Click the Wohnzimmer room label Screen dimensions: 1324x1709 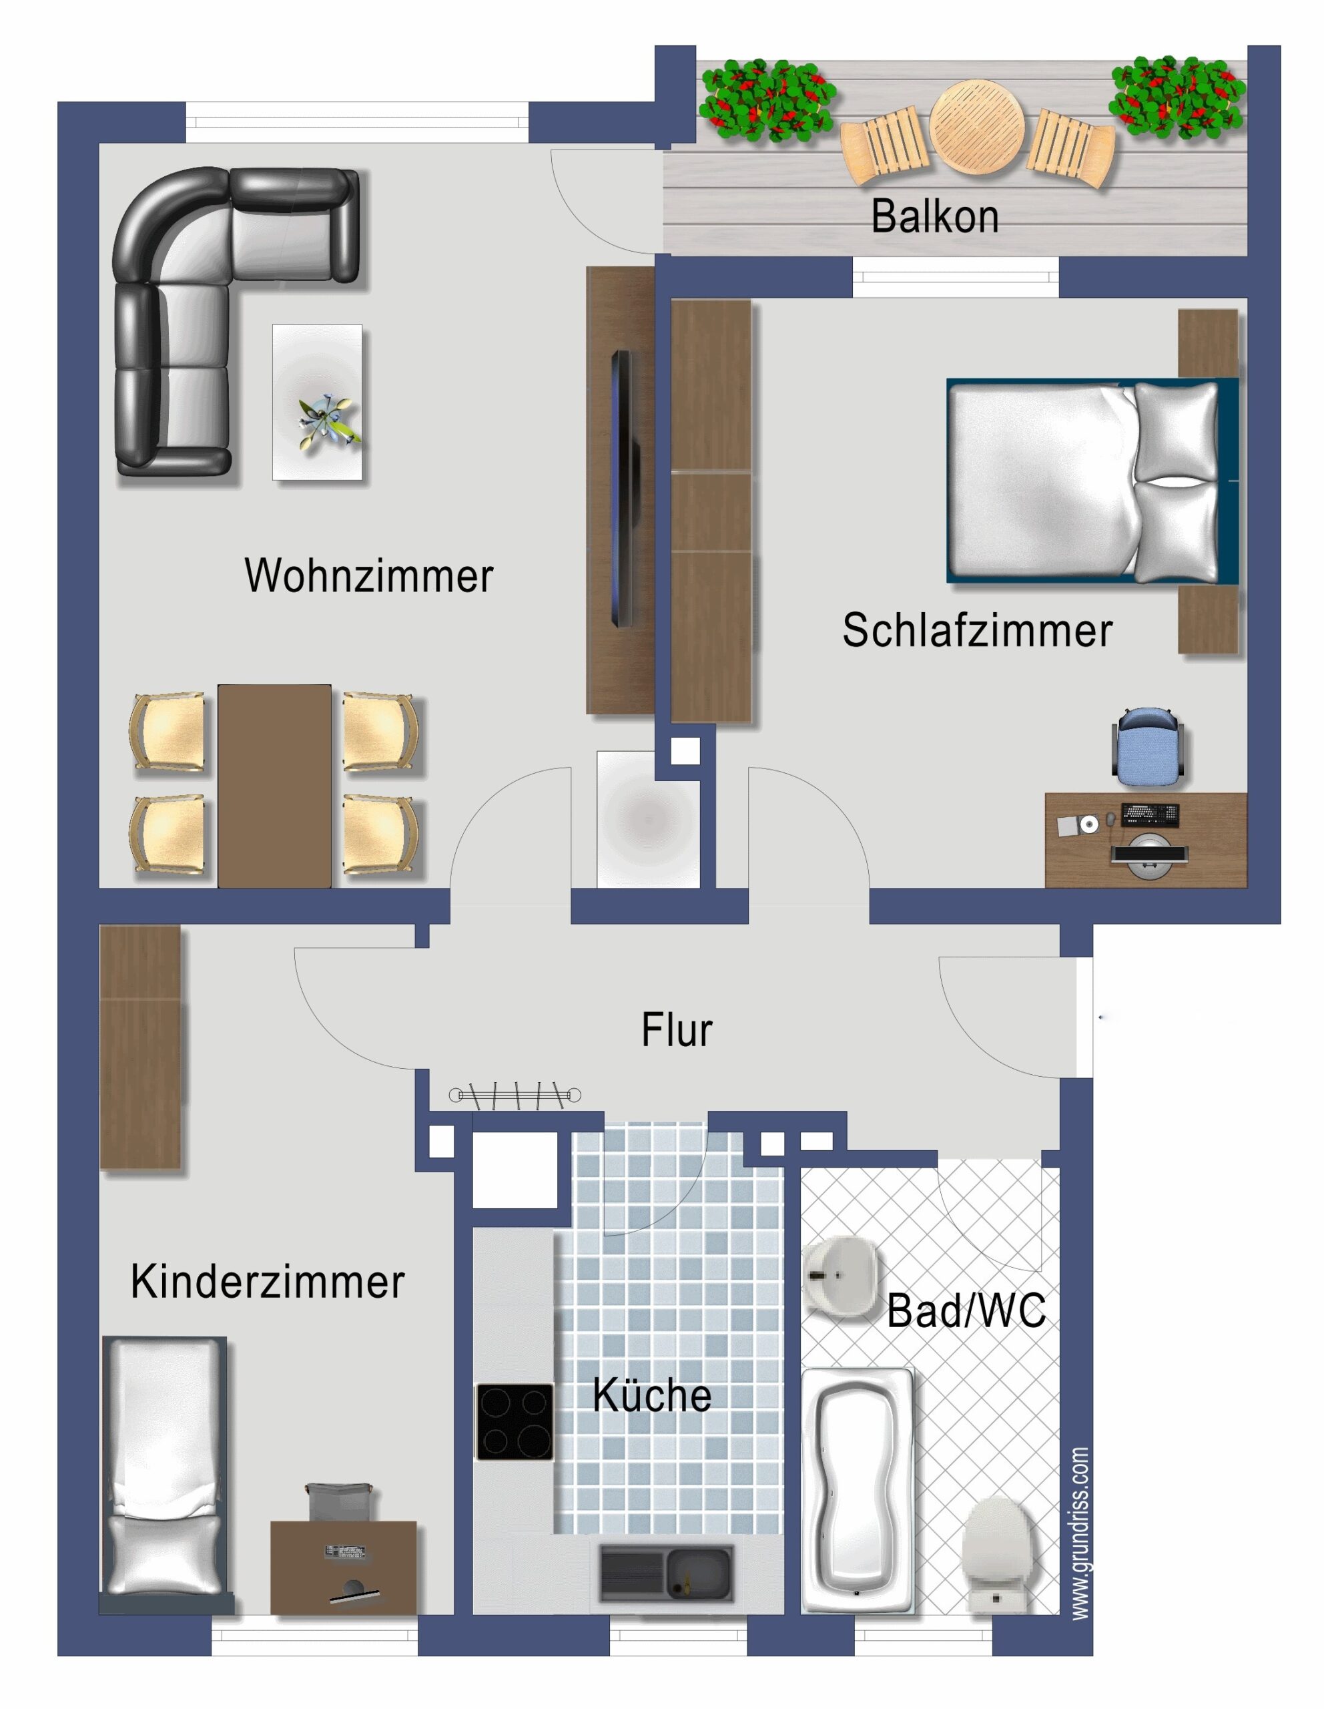(x=369, y=576)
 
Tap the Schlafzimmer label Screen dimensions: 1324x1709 (x=977, y=630)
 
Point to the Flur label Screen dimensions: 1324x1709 (x=677, y=1030)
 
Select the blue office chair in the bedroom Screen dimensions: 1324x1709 (x=1146, y=746)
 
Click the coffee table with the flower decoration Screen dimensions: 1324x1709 (x=317, y=402)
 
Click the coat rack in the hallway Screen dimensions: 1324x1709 (x=515, y=1095)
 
